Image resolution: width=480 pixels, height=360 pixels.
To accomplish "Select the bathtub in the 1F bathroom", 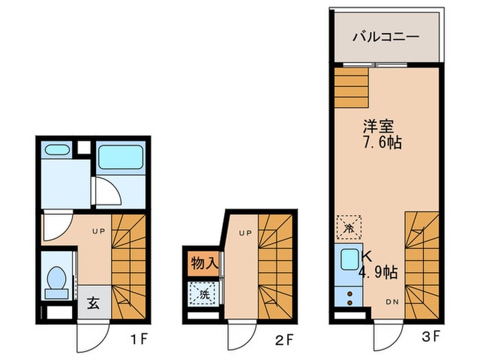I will (119, 158).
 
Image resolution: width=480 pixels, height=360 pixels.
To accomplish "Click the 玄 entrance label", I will (93, 302).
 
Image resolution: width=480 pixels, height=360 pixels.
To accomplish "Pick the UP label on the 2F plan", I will (245, 232).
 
